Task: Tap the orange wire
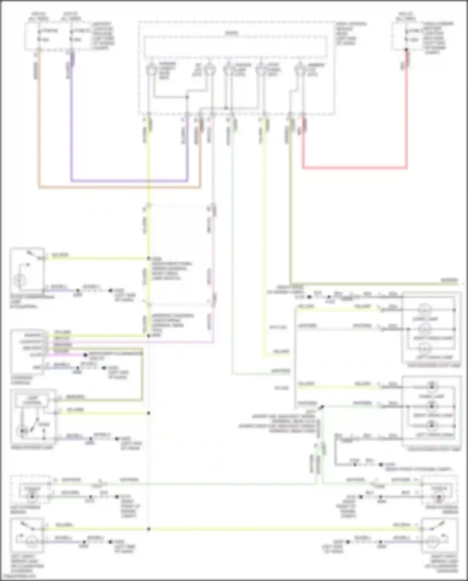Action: (x=119, y=188)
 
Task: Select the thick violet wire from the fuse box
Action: (x=128, y=181)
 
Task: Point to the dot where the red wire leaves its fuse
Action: (x=406, y=50)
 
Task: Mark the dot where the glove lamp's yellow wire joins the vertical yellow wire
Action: (x=149, y=258)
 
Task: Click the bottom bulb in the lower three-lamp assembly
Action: (x=431, y=426)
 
